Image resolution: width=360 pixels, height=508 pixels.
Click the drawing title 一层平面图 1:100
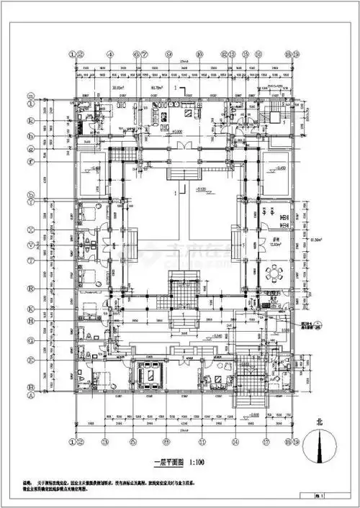point(176,463)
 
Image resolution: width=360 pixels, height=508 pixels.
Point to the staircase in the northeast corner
point(274,114)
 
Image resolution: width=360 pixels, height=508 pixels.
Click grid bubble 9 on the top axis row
point(168,54)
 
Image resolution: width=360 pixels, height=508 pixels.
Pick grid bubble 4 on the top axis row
point(108,54)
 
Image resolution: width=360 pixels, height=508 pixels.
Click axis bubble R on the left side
point(31,286)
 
